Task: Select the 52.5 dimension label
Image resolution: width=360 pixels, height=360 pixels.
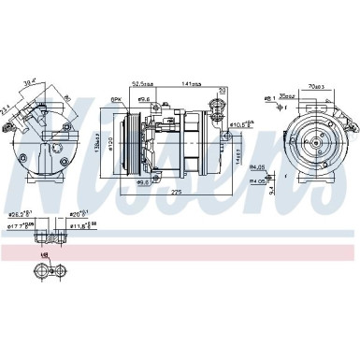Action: click(x=143, y=81)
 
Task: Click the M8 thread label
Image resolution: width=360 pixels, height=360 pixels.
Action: click(x=43, y=253)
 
